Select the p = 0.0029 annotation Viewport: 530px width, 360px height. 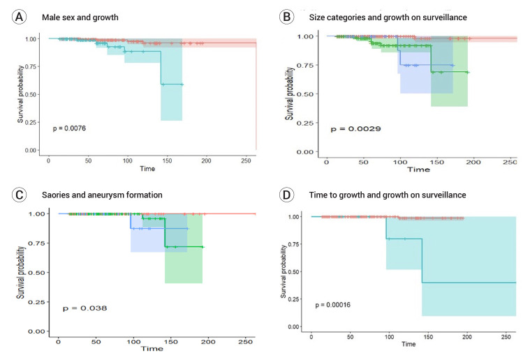point(355,129)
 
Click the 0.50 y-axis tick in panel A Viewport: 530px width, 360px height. point(32,94)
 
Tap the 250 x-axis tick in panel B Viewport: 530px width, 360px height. point(509,162)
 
